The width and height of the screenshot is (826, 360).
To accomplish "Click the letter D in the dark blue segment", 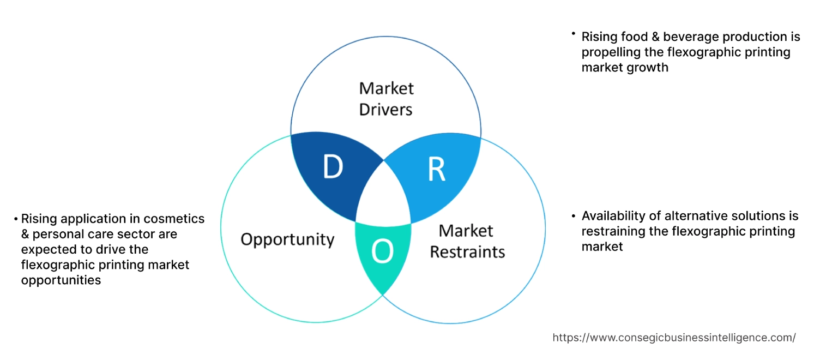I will coord(332,167).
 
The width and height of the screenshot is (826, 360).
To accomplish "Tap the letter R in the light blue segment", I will coord(436,170).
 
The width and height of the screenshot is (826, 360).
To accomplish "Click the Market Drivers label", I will coord(386,99).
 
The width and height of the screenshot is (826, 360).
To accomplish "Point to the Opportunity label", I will coord(287,239).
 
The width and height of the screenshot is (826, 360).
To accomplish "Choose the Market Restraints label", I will coord(467,241).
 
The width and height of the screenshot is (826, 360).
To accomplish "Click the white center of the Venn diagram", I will coord(384,196).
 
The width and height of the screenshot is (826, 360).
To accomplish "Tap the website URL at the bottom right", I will coord(674,338).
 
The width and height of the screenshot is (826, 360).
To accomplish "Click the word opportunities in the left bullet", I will coord(61,280).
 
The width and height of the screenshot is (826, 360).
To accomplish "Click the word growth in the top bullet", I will coord(648,68).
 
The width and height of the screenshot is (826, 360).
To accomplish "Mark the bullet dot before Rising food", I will coord(574,34).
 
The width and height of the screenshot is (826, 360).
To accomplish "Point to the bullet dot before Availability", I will coord(574,216).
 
